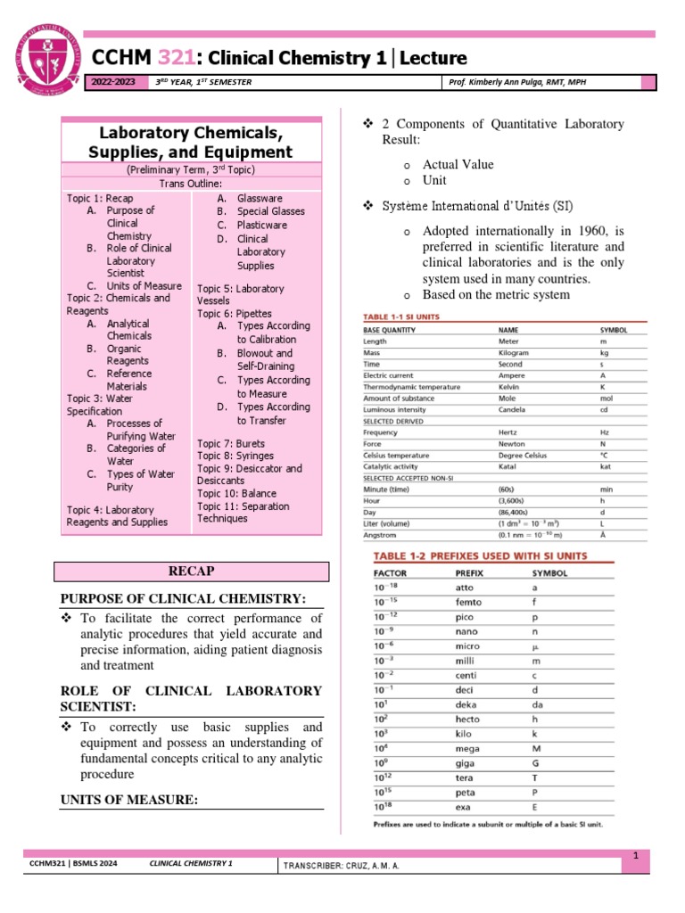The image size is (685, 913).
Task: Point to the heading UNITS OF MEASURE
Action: (128, 799)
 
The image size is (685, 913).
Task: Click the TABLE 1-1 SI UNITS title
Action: (400, 317)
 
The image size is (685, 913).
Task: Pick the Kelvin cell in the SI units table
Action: (509, 387)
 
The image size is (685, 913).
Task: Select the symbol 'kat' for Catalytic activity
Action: (607, 466)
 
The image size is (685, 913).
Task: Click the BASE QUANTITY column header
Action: (393, 329)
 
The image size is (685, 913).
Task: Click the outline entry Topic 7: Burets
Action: (231, 443)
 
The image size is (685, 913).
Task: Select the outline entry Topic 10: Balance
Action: (236, 493)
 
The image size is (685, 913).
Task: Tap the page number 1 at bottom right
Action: (637, 856)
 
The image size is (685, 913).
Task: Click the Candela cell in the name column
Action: (512, 409)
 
